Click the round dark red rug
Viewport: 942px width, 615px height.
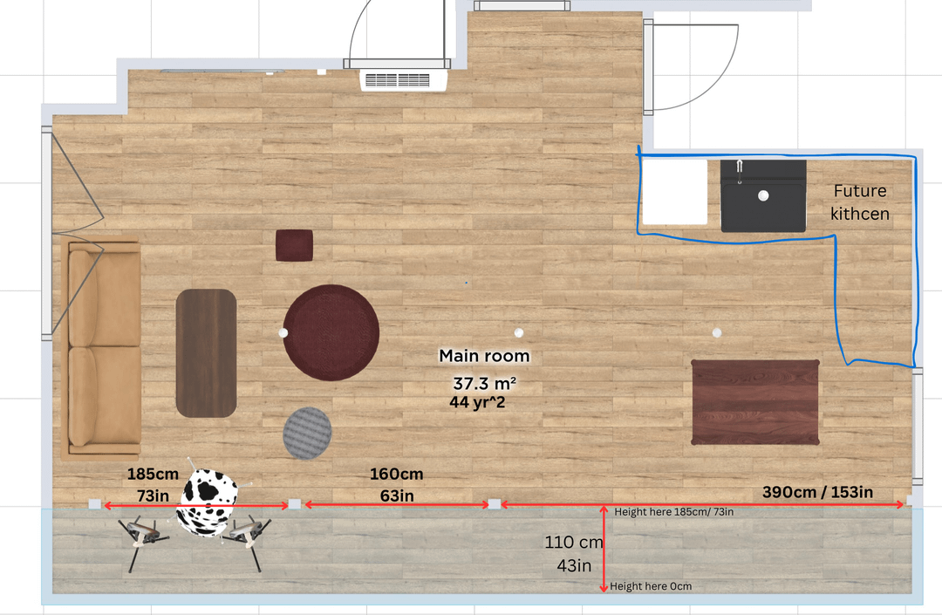point(331,332)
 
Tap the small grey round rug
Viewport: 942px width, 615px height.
point(307,433)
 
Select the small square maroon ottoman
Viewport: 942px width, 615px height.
point(295,245)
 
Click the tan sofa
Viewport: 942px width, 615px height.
point(101,348)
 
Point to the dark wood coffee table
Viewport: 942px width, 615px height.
point(206,353)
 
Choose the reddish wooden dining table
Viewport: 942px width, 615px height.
point(755,402)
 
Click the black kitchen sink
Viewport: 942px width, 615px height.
point(763,195)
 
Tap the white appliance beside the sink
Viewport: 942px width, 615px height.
point(675,192)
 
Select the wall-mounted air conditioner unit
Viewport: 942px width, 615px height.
point(404,80)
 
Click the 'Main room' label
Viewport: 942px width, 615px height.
point(484,356)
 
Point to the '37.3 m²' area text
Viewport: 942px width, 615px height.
point(484,383)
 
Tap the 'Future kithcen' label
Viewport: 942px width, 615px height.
point(860,202)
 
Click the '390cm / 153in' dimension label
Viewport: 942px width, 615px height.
point(817,492)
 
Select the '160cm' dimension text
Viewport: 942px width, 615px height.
point(397,474)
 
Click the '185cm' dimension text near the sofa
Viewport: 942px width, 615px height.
point(153,474)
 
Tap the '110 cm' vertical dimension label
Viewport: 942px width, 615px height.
point(574,542)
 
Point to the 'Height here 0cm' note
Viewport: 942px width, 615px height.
point(651,586)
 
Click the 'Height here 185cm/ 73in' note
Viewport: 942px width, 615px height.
point(673,512)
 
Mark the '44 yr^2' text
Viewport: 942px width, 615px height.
point(477,402)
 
